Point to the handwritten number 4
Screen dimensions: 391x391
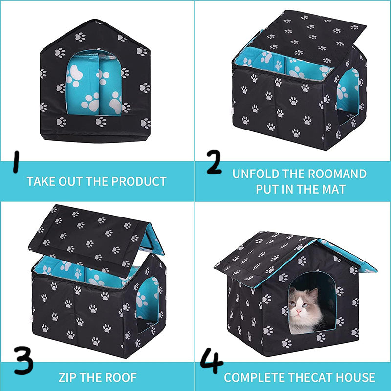click(x=211, y=363)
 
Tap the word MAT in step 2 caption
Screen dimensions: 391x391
click(x=337, y=189)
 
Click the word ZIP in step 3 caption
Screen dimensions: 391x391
click(x=69, y=377)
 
